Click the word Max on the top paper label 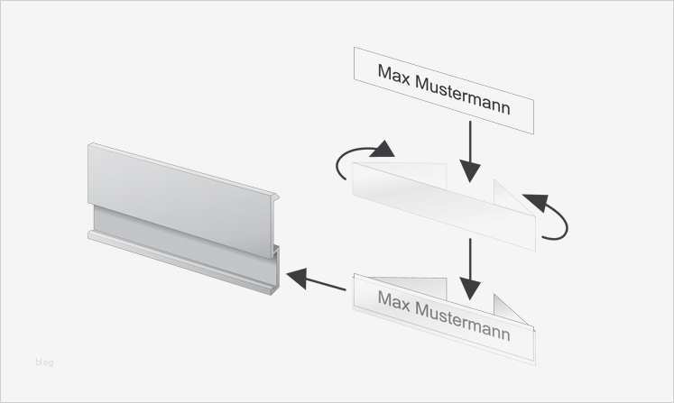tap(393, 74)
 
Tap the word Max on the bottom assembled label tap(393, 301)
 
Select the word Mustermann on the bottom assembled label tap(463, 322)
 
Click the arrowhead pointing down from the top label tap(470, 171)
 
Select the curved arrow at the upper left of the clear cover tap(365, 159)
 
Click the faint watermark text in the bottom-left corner tap(44, 362)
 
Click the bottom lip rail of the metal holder tap(180, 263)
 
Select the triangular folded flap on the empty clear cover tap(511, 197)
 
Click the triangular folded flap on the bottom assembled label tap(511, 310)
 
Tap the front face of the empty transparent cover tap(444, 206)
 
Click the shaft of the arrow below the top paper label tap(470, 141)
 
